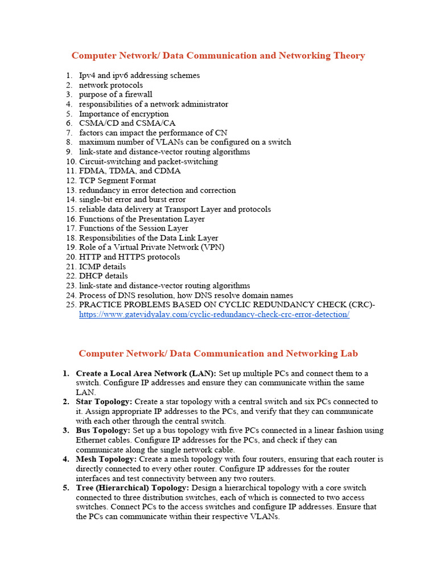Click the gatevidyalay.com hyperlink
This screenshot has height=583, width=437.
tap(214, 314)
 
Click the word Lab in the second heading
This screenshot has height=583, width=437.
tap(348, 354)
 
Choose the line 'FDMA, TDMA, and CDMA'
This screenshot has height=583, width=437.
tap(130, 171)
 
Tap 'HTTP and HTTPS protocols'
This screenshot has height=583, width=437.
tap(129, 257)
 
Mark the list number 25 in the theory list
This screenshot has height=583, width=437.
tap(70, 305)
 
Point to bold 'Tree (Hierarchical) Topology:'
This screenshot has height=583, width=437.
tap(133, 488)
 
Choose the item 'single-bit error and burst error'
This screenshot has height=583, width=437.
tap(132, 200)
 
